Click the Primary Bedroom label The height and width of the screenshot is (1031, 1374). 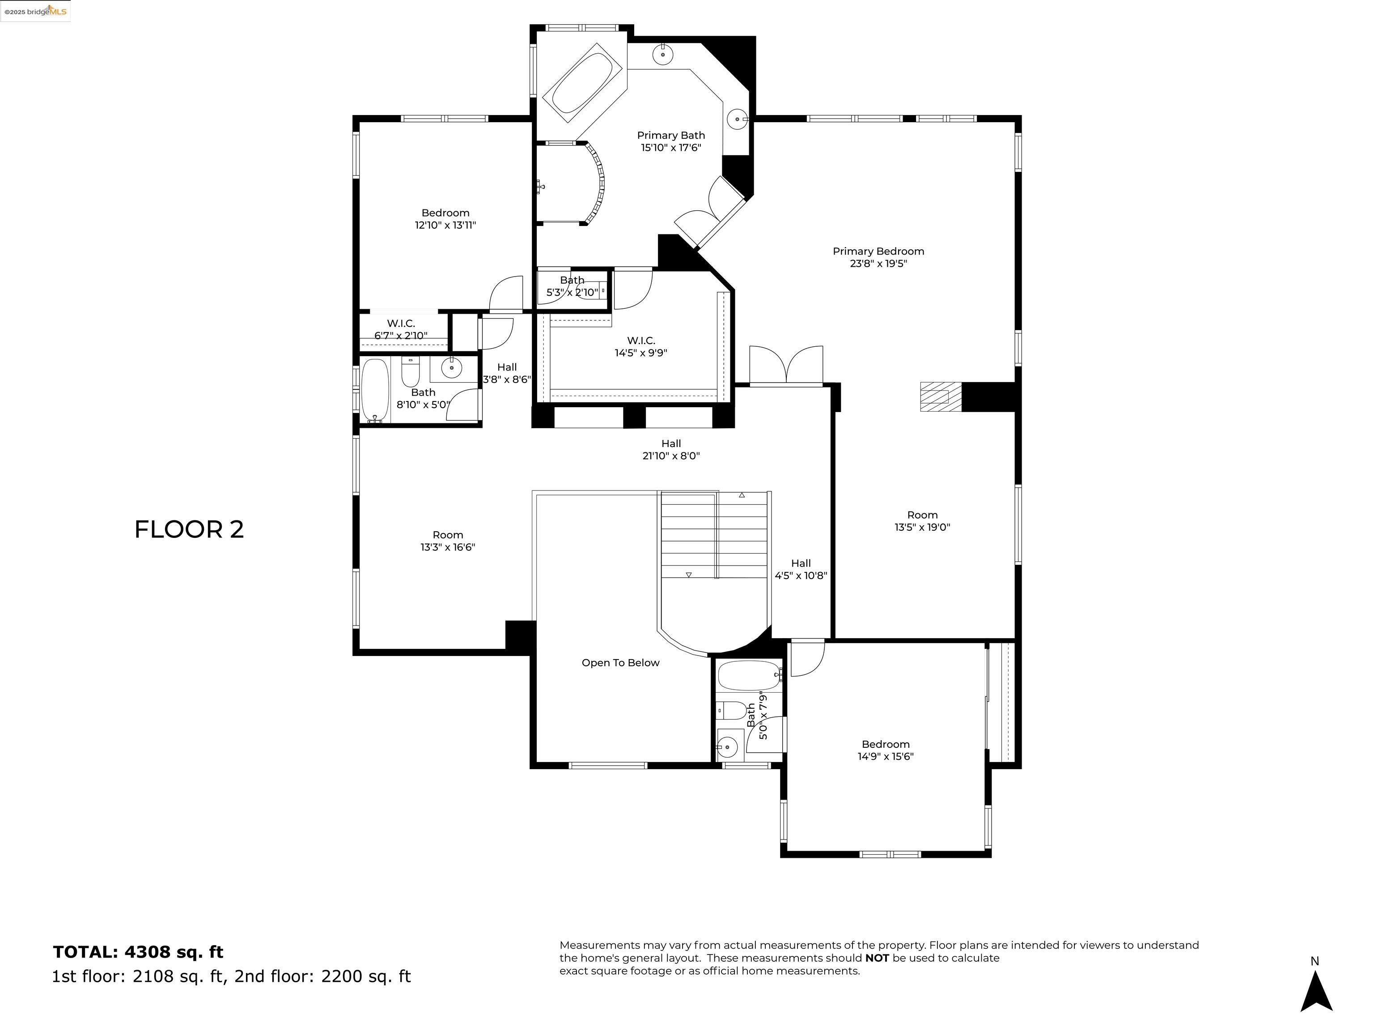pyautogui.click(x=878, y=251)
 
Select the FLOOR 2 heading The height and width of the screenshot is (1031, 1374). pyautogui.click(x=189, y=529)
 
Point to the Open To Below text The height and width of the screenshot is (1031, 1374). pyautogui.click(x=620, y=662)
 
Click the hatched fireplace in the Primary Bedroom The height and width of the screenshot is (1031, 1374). pyautogui.click(x=940, y=396)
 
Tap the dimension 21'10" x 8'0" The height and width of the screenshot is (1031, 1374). pyautogui.click(x=671, y=456)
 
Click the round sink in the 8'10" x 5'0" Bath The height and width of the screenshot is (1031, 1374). pyautogui.click(x=452, y=368)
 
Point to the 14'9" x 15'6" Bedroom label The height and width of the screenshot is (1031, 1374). pyautogui.click(x=885, y=750)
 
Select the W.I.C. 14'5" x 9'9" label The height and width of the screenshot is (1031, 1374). pyautogui.click(x=640, y=346)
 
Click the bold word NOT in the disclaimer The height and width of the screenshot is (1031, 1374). pyautogui.click(x=877, y=958)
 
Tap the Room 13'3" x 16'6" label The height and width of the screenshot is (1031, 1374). pyautogui.click(x=447, y=541)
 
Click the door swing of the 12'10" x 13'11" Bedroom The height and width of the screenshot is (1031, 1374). pyautogui.click(x=505, y=294)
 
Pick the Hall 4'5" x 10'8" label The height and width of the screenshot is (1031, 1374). pyautogui.click(x=801, y=569)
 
